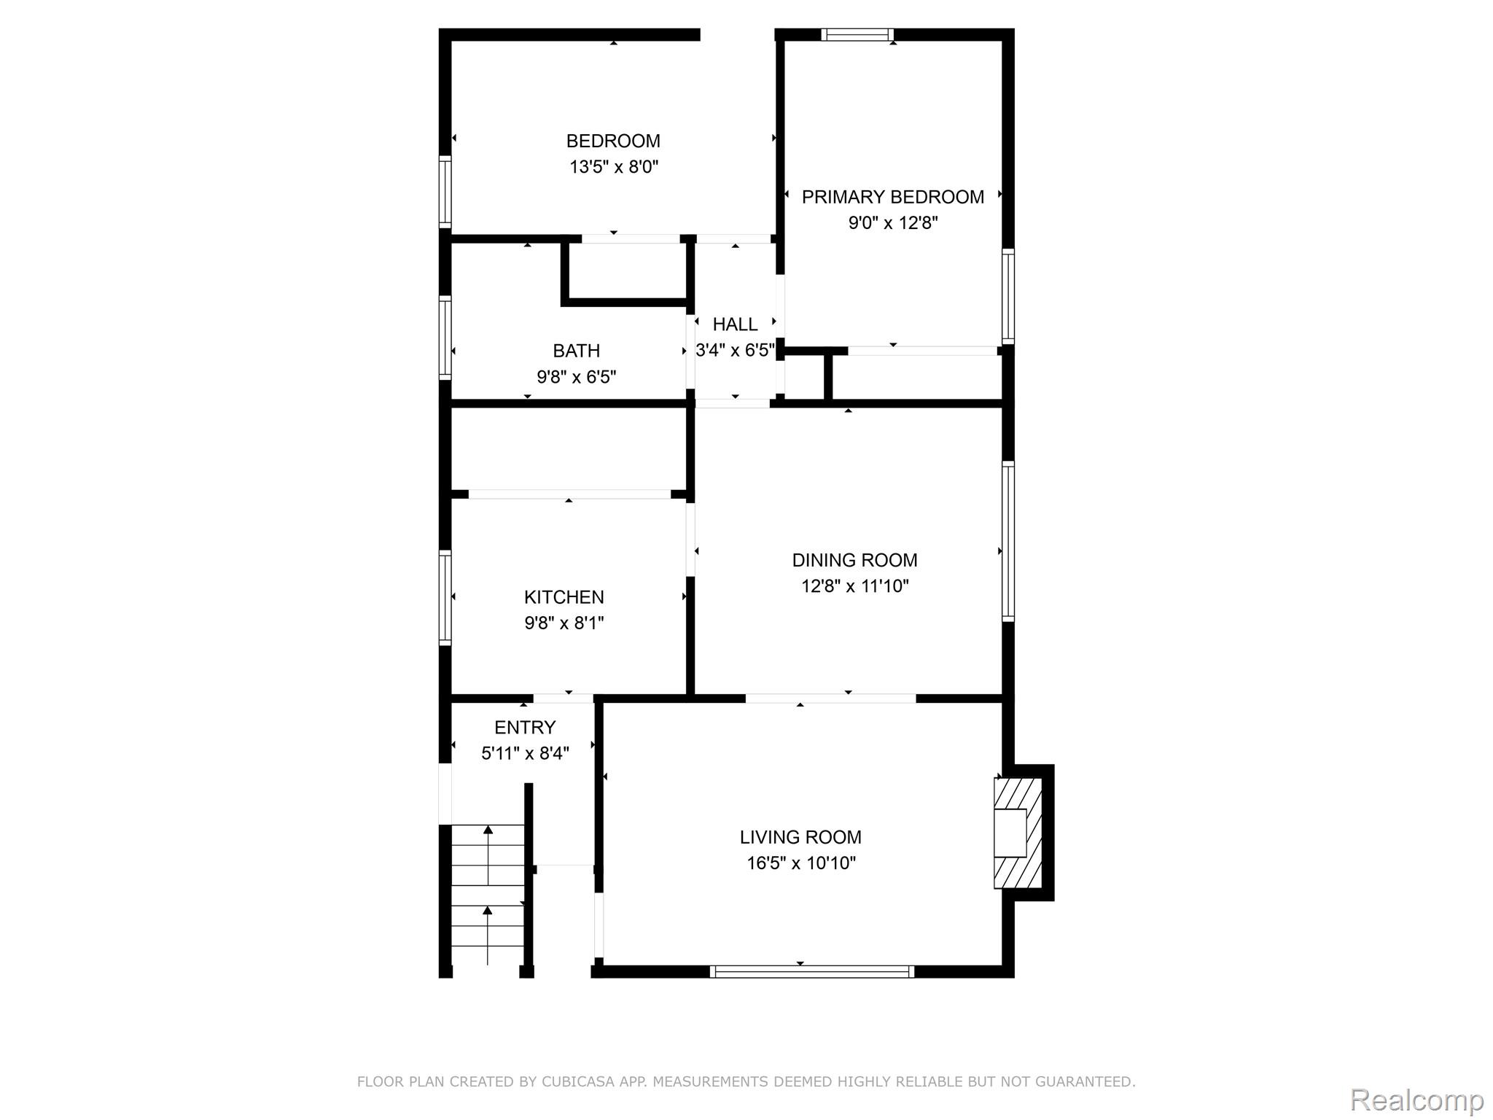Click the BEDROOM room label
coord(613,141)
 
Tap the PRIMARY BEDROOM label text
coord(893,197)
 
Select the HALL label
coord(735,324)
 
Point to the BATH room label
coord(576,351)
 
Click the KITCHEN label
coord(564,597)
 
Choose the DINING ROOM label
coord(854,560)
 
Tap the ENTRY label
coord(525,727)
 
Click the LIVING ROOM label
coord(800,837)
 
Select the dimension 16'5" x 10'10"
coord(800,863)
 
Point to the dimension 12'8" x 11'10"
coord(855,586)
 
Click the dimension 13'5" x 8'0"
coord(614,167)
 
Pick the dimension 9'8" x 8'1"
coord(564,623)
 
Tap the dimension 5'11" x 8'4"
coord(525,753)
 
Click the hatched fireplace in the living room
coord(1018,833)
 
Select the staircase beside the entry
coord(488,895)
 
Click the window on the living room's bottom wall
coord(812,971)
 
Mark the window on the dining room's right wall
coord(1008,541)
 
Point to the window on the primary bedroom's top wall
coord(857,34)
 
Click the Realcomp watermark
coord(1416,1100)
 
